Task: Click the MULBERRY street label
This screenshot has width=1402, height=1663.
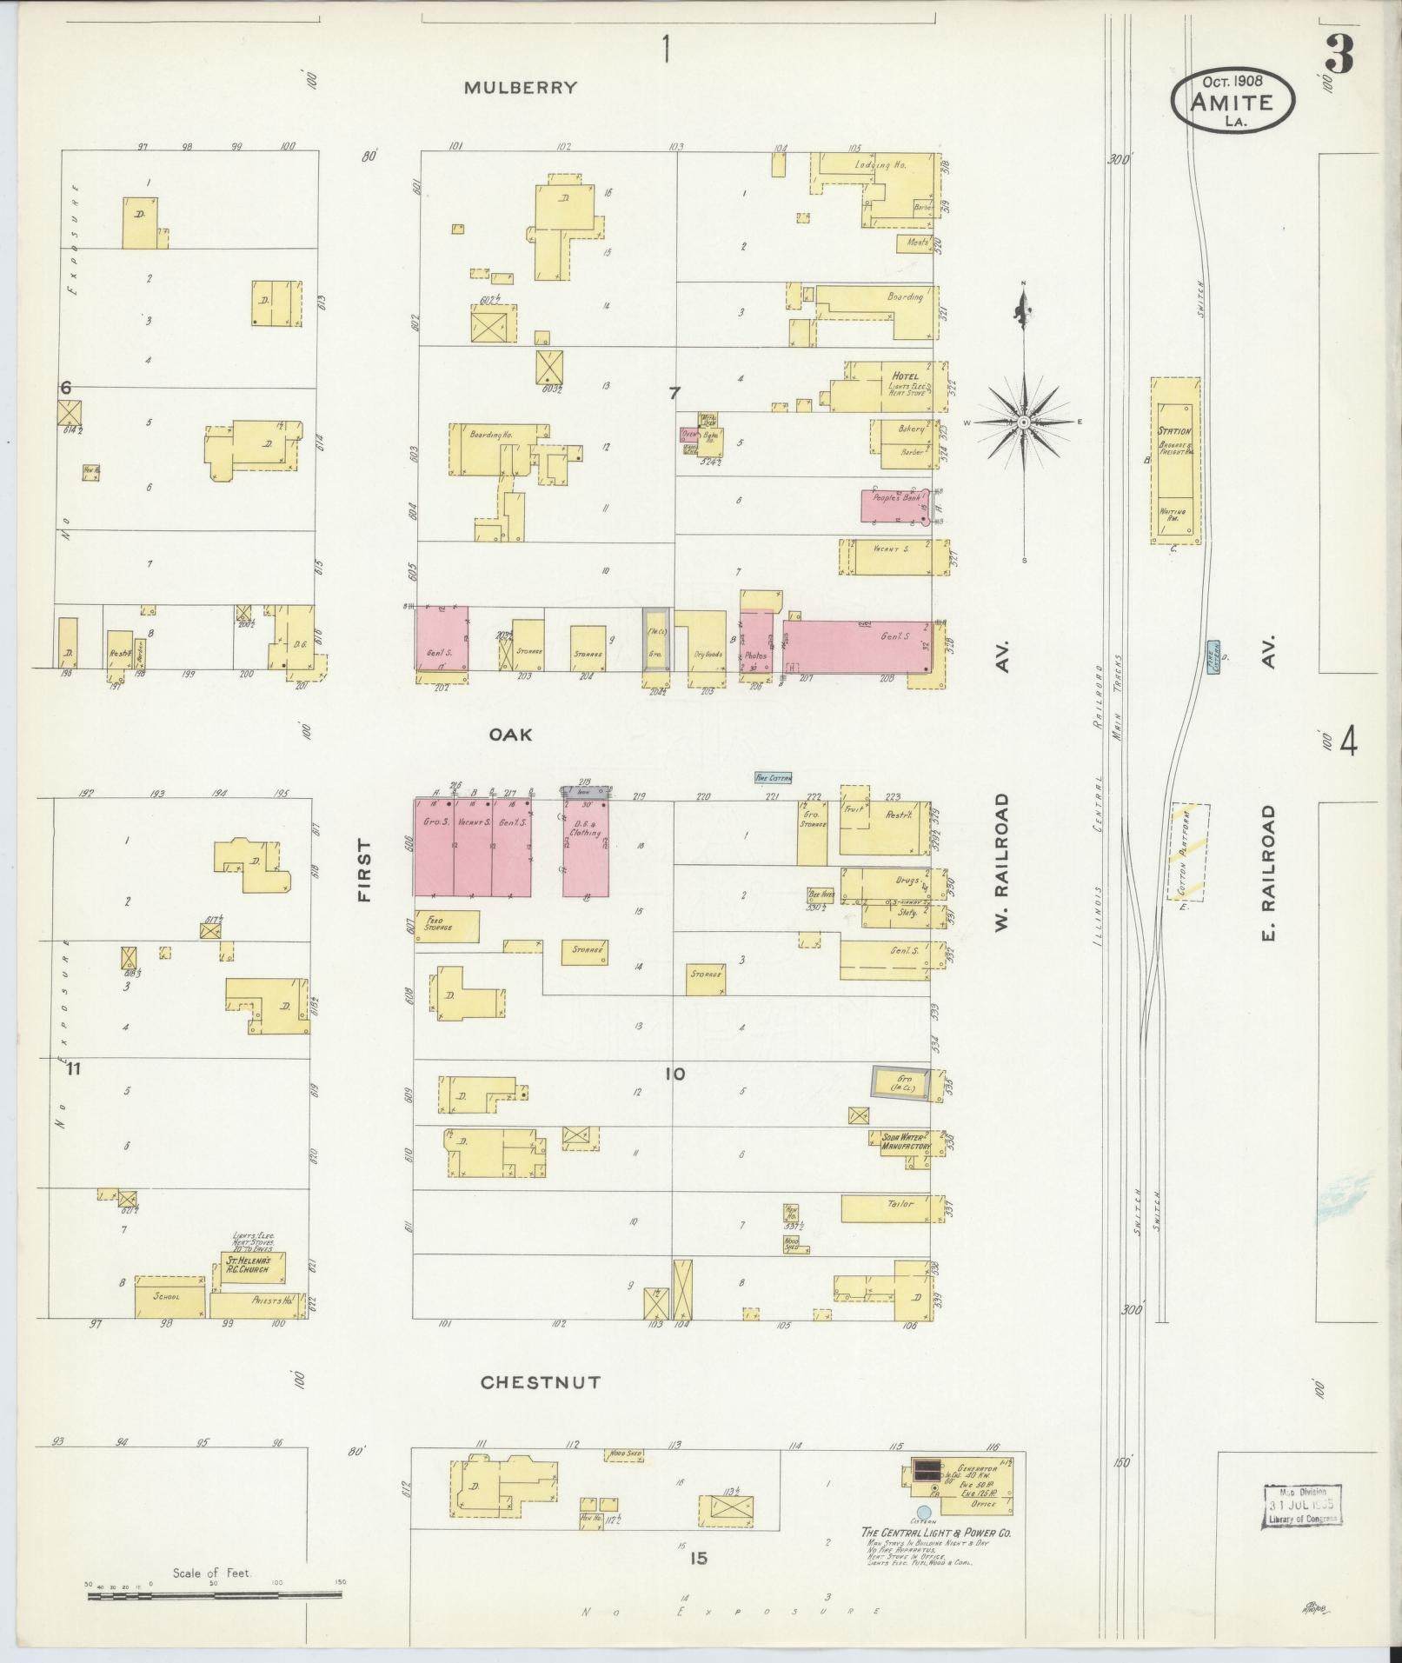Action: (520, 88)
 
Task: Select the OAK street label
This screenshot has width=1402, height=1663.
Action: (510, 735)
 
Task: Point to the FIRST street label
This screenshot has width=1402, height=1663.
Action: (364, 869)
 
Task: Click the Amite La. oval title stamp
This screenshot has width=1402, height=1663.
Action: (1233, 101)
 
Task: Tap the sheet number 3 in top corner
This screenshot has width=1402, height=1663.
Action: (1339, 55)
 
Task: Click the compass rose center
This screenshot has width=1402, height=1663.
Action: (1024, 422)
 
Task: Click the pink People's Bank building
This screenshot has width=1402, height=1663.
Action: (895, 506)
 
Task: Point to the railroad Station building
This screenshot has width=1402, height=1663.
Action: (1175, 461)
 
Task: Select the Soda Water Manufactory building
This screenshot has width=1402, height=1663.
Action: (900, 1141)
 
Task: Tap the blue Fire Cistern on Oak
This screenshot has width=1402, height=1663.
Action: (773, 778)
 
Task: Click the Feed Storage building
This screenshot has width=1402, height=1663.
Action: (447, 927)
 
